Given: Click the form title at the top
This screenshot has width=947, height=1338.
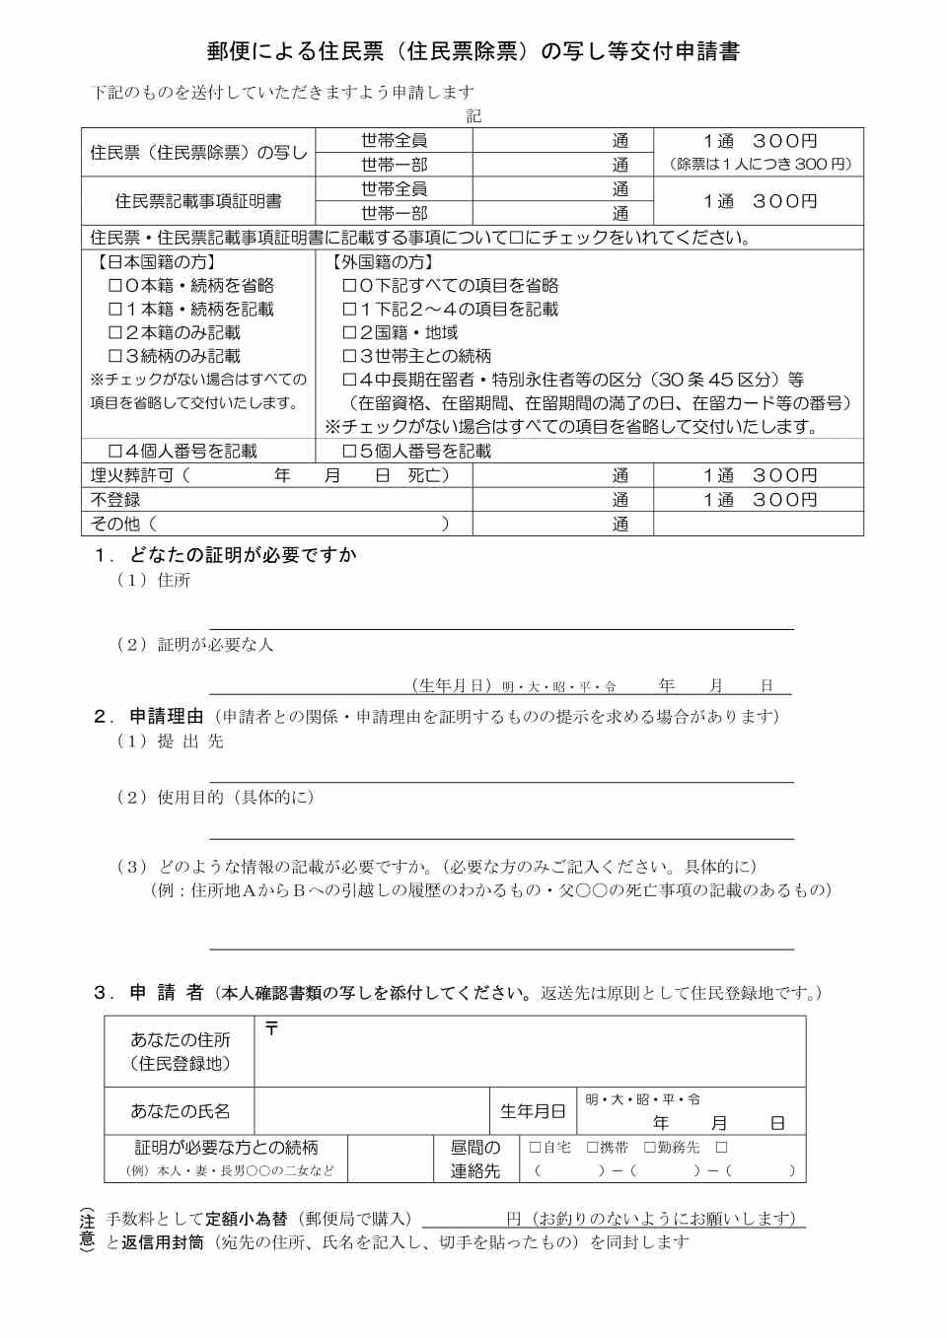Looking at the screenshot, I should [x=473, y=51].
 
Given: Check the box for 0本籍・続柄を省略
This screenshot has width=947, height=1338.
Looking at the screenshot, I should [x=115, y=286].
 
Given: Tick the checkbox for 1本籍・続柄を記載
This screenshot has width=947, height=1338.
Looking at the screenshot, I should [x=115, y=310].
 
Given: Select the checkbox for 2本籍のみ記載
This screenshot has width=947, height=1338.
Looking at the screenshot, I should [x=115, y=333].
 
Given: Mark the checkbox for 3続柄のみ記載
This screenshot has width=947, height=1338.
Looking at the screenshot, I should [x=115, y=357].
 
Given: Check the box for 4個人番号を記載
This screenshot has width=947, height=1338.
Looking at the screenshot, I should [x=115, y=452].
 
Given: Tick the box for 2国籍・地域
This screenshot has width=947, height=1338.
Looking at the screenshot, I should [x=349, y=333].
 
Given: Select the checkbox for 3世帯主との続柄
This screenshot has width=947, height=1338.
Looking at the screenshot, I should [x=349, y=357].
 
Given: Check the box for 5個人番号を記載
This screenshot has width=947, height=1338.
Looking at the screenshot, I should [x=349, y=452].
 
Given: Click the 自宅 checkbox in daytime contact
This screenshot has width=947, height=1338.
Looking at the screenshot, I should [x=536, y=1148].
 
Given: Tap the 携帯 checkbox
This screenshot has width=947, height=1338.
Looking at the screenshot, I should [x=593, y=1148].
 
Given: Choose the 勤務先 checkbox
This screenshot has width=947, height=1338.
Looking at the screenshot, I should [x=650, y=1148].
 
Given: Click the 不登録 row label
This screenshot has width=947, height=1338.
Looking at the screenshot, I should [x=115, y=500].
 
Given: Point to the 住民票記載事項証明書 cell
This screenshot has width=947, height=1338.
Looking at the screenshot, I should [x=198, y=201].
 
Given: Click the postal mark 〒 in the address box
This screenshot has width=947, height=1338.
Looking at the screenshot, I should [x=271, y=1029].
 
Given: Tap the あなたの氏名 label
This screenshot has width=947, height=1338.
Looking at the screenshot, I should [x=180, y=1111].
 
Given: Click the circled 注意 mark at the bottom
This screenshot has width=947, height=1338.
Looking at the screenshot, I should [x=87, y=1230].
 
